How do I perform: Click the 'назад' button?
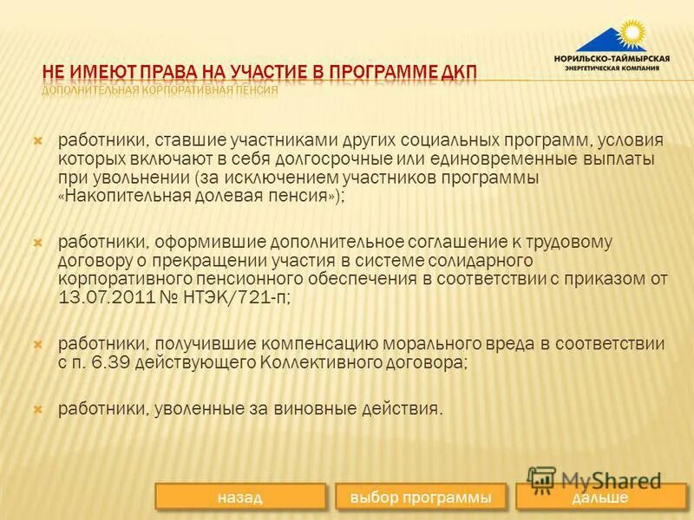pos(241,497)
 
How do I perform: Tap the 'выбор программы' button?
pos(420,497)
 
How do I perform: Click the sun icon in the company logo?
pos(631,34)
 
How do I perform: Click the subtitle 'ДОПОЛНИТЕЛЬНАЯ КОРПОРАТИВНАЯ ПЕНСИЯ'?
pos(160,89)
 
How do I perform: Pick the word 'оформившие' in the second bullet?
pos(172,241)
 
